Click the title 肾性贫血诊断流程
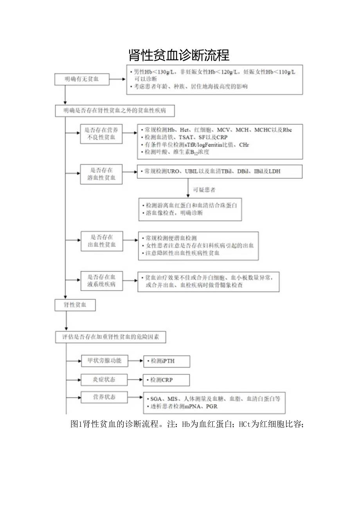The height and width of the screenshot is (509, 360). click(179, 55)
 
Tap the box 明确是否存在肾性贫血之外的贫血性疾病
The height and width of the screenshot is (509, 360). click(114, 111)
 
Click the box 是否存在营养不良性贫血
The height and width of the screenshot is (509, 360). click(101, 133)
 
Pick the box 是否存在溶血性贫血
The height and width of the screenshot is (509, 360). click(101, 174)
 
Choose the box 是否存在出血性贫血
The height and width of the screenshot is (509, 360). click(101, 241)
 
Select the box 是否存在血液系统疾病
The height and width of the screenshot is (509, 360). click(101, 281)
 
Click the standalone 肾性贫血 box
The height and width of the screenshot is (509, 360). click(75, 305)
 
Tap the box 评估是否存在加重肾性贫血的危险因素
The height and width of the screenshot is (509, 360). click(110, 337)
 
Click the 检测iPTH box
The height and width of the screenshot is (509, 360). click(167, 362)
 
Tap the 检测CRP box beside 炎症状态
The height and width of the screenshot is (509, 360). click(167, 380)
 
